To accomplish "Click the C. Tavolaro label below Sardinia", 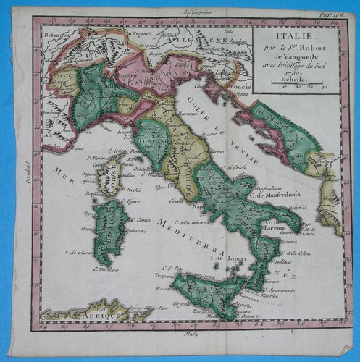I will click(105, 270).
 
